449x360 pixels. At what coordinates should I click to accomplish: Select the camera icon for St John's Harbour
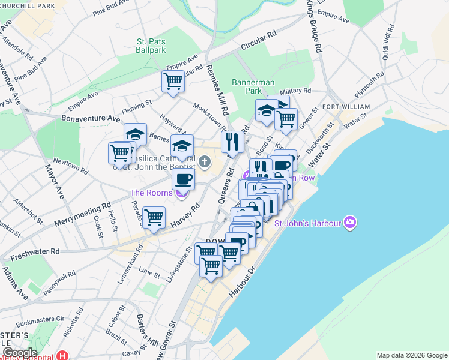pos(351,224)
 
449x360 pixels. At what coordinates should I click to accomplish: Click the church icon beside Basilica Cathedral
pos(205,161)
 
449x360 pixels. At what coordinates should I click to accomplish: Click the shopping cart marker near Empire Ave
pos(173,81)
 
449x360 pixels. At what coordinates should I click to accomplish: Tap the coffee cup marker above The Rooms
pos(183,178)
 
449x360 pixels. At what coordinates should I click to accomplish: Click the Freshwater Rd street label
pos(31,251)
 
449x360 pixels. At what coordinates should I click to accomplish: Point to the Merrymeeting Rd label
pos(83,214)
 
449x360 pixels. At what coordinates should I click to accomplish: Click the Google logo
pos(19,353)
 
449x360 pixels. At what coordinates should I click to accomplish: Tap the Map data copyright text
pos(411,355)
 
